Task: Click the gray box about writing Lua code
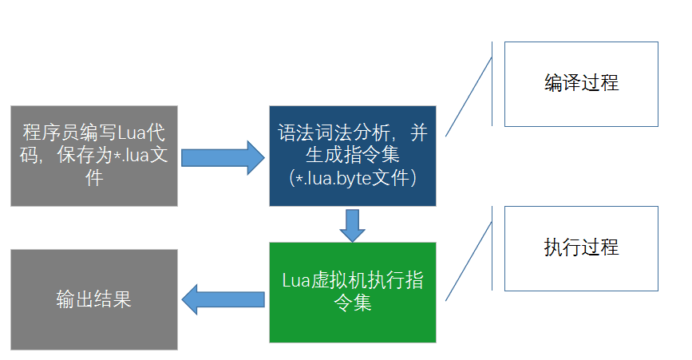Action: point(94,156)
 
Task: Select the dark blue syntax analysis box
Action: point(353,156)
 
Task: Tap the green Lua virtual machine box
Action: point(353,292)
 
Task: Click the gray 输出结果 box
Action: point(94,299)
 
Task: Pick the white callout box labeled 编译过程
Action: point(581,84)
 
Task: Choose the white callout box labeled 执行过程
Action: point(581,247)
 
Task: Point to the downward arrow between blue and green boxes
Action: point(352,224)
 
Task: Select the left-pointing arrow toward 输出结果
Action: point(223,300)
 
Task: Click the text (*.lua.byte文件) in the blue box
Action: point(352,178)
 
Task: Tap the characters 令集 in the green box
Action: point(353,303)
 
